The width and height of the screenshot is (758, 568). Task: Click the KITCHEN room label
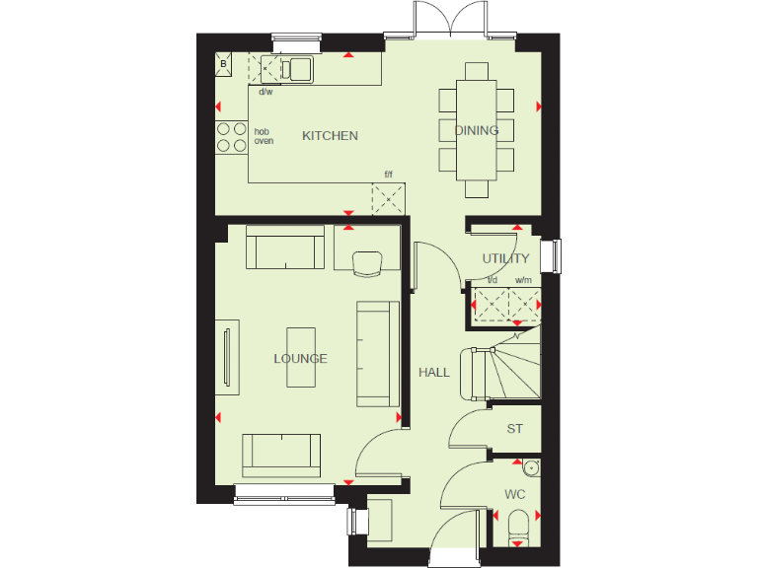point(330,136)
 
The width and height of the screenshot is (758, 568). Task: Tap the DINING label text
point(477,130)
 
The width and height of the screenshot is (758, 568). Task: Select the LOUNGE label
point(300,359)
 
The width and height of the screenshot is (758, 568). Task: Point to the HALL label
point(434,373)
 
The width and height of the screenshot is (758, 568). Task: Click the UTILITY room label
point(505,259)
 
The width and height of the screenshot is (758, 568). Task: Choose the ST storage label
point(514,429)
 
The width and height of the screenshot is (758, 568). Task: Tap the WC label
point(514,493)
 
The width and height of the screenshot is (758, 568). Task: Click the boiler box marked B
point(224,65)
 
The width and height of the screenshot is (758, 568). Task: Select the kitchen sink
point(297,68)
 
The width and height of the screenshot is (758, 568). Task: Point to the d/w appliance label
point(265,92)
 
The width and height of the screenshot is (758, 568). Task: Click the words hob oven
point(264,136)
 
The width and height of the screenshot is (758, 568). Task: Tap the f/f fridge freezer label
point(388,176)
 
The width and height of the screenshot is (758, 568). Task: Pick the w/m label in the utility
point(523,280)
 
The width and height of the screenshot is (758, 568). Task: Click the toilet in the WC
point(518,530)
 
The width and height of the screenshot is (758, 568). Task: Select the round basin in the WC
point(530,467)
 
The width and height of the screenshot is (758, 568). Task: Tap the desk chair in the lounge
point(366,262)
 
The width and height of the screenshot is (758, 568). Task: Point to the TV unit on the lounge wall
point(228,357)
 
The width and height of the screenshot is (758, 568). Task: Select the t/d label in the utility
point(493,280)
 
